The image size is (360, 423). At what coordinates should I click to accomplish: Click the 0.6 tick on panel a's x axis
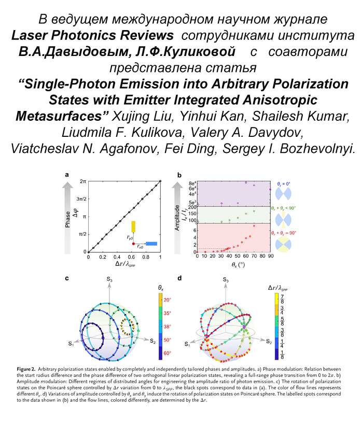click(x=132, y=257)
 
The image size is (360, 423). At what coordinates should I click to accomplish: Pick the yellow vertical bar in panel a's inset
click(x=133, y=227)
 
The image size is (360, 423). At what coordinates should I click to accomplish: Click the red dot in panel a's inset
click(x=134, y=243)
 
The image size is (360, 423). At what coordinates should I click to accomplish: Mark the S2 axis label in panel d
click(x=268, y=342)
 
